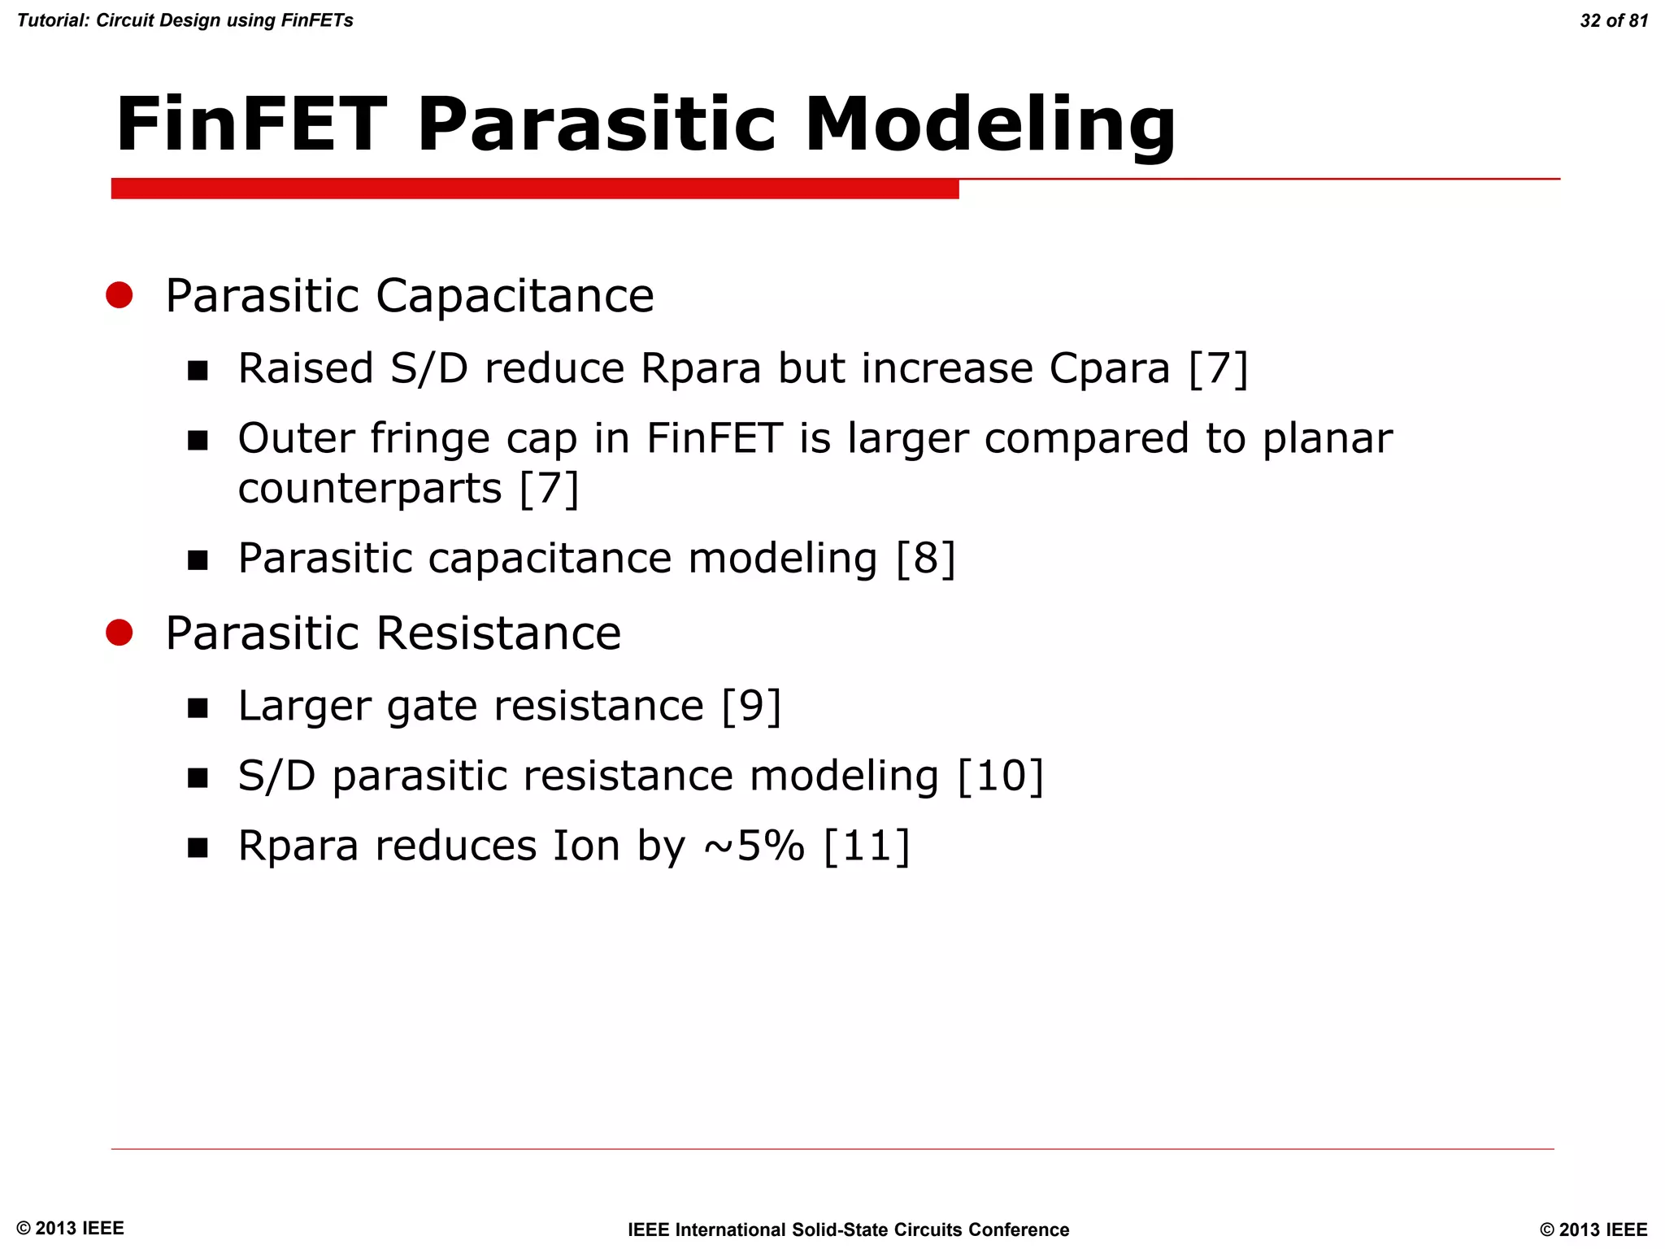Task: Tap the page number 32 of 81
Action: [1613, 20]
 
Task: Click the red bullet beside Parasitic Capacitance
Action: [120, 294]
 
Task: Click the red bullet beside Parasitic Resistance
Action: [120, 632]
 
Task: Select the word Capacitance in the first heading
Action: [514, 295]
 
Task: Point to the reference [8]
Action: [925, 559]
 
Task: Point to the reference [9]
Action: [751, 706]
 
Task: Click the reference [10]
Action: [1000, 776]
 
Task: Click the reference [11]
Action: [867, 846]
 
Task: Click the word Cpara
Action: [1109, 369]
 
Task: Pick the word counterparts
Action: [370, 489]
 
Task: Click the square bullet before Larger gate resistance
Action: [198, 707]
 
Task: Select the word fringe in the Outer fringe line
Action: [430, 439]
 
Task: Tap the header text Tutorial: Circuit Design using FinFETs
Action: [185, 20]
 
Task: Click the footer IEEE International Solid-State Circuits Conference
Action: [848, 1229]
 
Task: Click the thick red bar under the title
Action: [535, 189]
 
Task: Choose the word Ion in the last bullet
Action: [586, 846]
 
